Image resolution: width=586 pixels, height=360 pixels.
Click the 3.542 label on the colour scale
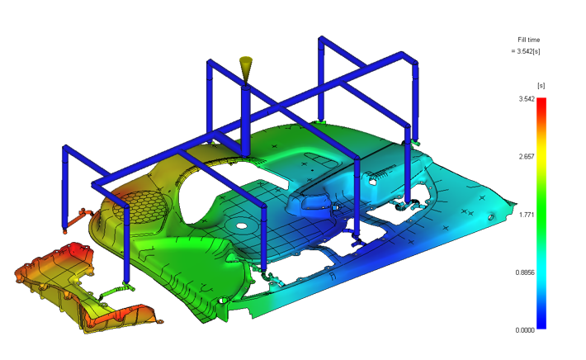[527, 99]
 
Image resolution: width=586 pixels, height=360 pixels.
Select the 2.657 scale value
[527, 157]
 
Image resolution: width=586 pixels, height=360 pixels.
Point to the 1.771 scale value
[527, 215]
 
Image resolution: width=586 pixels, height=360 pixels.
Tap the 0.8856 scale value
[525, 272]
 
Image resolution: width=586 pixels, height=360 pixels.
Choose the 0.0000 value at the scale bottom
[525, 330]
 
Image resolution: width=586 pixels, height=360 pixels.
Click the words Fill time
[528, 40]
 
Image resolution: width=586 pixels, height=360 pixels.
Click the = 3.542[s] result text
[526, 51]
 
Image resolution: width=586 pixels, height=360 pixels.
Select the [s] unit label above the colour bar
[541, 86]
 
